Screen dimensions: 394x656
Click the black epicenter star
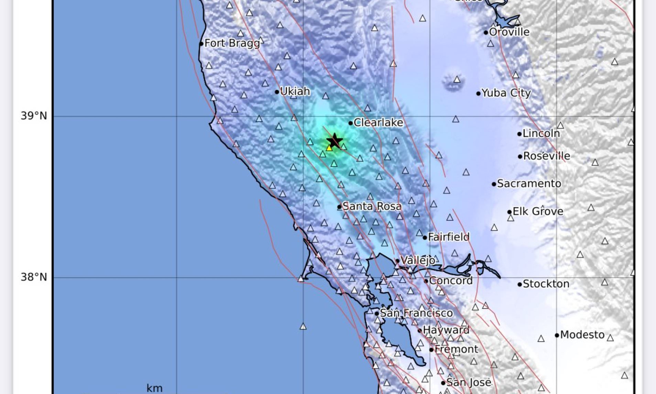(x=334, y=141)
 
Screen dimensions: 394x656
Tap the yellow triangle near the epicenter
(x=329, y=148)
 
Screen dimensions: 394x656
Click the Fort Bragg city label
(x=232, y=43)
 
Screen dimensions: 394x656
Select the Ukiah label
(x=295, y=91)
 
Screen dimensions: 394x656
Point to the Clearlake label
(x=378, y=122)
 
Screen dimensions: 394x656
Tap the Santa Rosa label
(x=372, y=206)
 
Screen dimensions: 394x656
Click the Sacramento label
(x=529, y=184)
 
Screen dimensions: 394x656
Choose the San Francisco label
(x=416, y=313)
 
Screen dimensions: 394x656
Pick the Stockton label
(x=546, y=284)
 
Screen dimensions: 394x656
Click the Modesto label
(x=582, y=335)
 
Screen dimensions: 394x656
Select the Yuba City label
(x=506, y=93)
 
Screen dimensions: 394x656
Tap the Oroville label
(x=509, y=32)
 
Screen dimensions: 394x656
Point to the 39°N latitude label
(x=34, y=116)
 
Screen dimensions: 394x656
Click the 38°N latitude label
(x=34, y=277)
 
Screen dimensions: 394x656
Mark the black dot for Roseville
(x=520, y=156)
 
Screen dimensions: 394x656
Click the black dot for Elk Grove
(x=510, y=212)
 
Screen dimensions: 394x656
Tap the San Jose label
(x=469, y=382)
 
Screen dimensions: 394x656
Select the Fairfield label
(x=449, y=237)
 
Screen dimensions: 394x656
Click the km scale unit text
(x=154, y=388)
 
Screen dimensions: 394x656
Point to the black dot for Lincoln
(x=520, y=134)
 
